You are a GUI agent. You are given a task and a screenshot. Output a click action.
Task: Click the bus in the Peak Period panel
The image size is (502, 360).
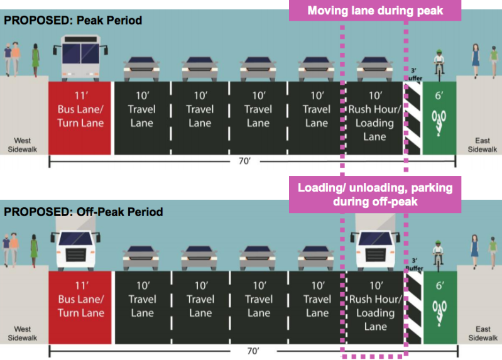[x=80, y=57]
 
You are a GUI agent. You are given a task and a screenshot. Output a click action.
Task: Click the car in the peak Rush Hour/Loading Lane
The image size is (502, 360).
[x=375, y=67]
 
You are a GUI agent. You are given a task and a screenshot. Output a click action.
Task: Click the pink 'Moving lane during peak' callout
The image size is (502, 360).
[x=374, y=11]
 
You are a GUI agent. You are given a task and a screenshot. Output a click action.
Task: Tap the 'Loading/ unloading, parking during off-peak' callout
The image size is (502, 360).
[x=374, y=194]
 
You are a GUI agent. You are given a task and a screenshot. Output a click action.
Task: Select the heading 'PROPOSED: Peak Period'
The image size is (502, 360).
[x=73, y=21]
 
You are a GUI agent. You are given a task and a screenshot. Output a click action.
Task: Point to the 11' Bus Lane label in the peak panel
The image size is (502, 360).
[x=80, y=109]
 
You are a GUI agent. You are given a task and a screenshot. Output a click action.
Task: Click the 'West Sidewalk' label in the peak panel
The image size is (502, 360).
[x=23, y=145]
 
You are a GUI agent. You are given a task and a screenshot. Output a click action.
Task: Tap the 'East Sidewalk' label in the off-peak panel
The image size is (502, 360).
[x=483, y=334]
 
